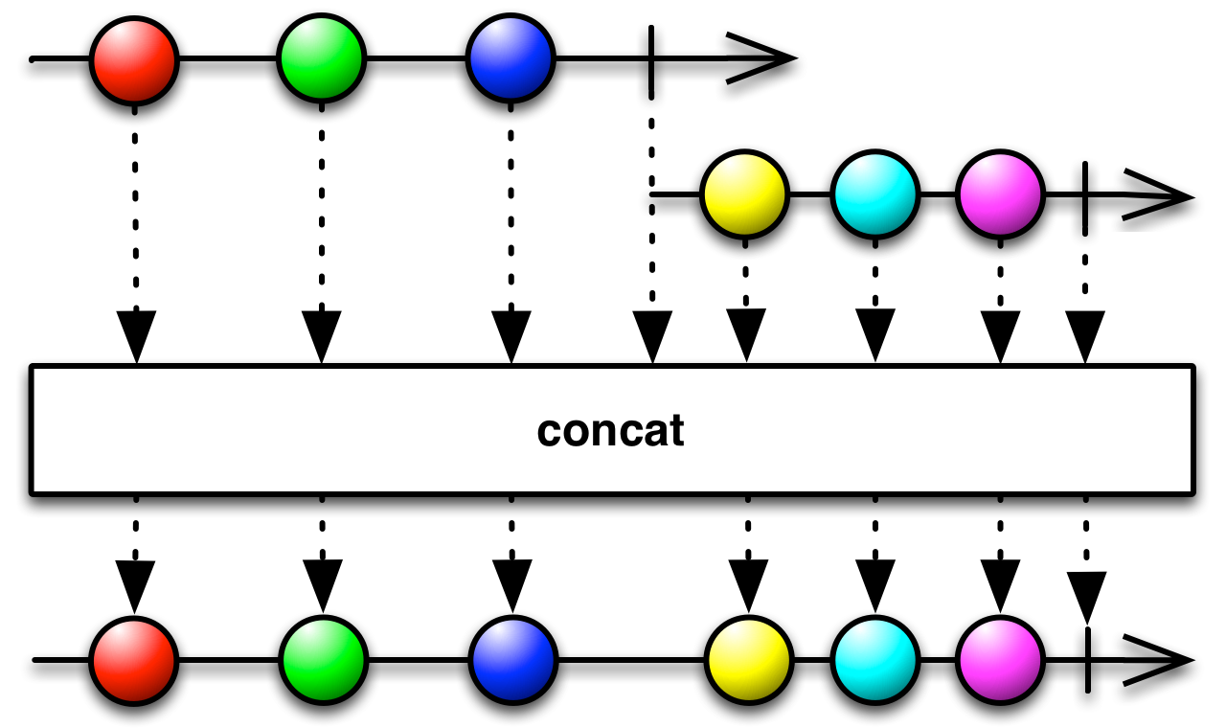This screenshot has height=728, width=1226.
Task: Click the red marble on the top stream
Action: click(x=134, y=58)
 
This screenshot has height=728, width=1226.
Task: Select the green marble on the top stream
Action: click(x=322, y=58)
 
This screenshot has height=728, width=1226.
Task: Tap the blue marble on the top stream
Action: click(x=511, y=58)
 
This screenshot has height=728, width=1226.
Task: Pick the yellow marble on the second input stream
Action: click(x=745, y=194)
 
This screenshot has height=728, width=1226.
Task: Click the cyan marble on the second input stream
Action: click(x=874, y=194)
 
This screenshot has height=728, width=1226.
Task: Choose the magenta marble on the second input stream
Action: click(x=1000, y=194)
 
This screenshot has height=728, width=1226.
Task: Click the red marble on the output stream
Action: click(x=134, y=660)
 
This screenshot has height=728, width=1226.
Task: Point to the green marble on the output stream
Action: click(x=323, y=660)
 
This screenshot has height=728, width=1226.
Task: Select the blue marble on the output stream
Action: click(x=511, y=660)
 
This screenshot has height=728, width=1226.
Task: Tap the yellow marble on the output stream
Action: click(x=748, y=660)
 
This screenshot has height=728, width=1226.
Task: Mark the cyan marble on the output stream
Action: click(x=874, y=660)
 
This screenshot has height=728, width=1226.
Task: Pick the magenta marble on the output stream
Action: click(x=1000, y=660)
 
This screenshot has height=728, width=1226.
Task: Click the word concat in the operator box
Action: click(x=611, y=430)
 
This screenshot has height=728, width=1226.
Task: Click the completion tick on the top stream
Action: click(x=651, y=59)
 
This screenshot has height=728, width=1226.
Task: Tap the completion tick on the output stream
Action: click(x=1087, y=660)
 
